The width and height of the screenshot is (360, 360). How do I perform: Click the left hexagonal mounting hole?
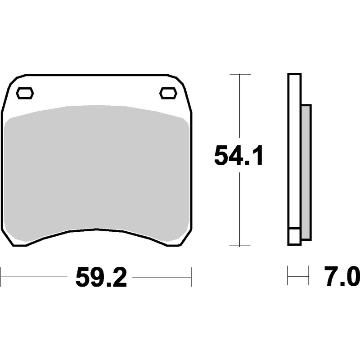coord(25,93)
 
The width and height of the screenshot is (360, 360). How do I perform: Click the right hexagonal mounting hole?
coord(168,93)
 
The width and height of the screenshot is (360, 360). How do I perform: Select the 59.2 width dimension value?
coord(101,278)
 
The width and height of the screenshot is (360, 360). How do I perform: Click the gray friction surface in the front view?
coord(97,171)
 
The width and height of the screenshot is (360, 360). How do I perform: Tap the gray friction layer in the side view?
coord(306,171)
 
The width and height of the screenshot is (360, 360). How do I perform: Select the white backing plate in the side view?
coord(294,153)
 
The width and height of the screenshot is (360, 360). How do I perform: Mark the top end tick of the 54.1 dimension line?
coord(239,74)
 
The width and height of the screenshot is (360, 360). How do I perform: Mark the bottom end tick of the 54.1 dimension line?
coord(239,245)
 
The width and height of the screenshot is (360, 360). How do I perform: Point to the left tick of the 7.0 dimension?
coord(288,275)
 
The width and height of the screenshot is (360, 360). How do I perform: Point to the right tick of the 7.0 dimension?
coord(309,275)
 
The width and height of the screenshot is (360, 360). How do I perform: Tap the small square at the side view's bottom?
coord(294,237)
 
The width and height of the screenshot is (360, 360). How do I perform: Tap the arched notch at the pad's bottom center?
coord(97,230)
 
